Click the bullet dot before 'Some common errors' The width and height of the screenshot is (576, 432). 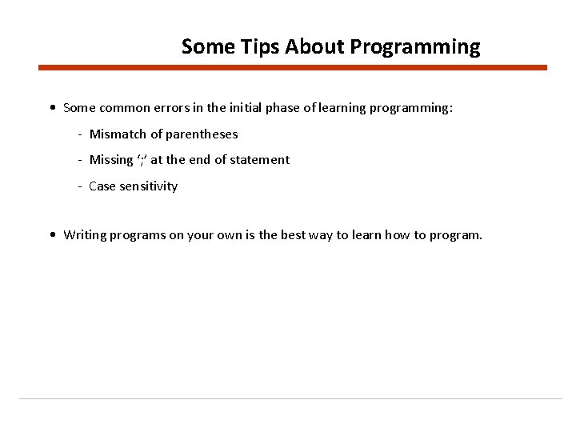52,107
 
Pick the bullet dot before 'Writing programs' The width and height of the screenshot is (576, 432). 52,235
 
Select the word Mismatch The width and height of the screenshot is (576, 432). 118,134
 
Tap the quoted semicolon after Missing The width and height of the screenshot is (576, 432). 142,160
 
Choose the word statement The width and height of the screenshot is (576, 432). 260,160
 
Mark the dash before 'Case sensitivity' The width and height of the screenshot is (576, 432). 81,186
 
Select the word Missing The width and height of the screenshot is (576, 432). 111,160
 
